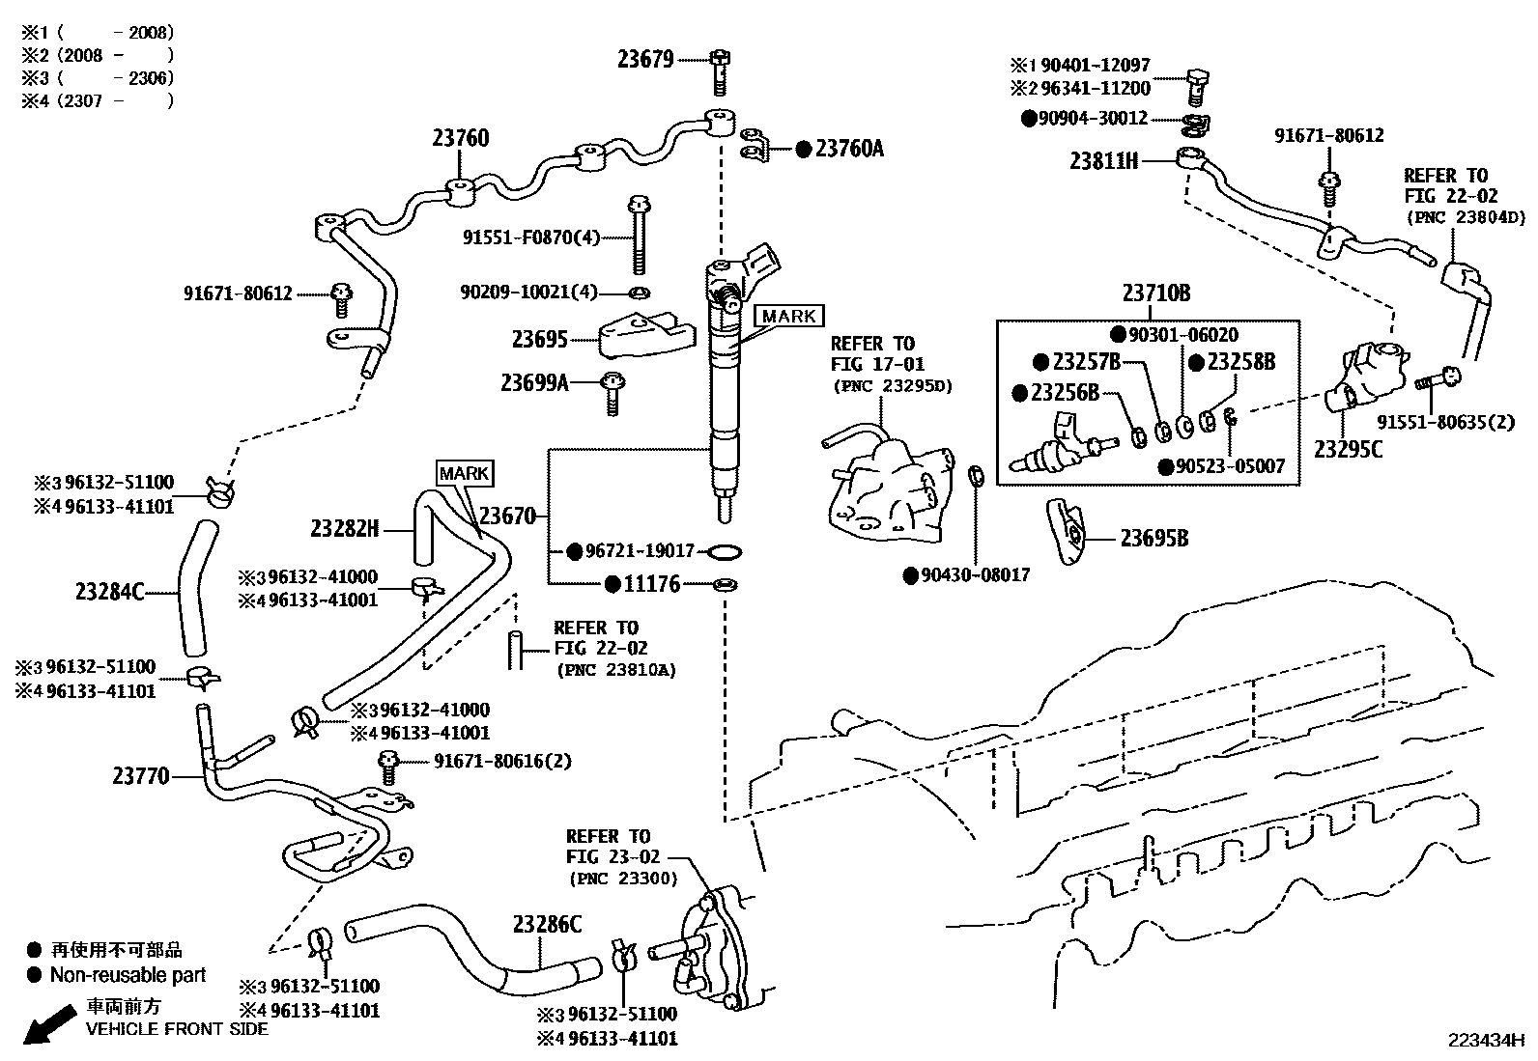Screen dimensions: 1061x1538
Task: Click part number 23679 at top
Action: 645,60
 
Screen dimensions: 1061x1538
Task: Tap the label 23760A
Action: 849,149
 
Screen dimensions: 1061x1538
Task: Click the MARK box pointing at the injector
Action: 789,317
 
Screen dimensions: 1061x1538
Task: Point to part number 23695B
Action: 1153,539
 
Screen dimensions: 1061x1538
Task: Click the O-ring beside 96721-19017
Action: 726,552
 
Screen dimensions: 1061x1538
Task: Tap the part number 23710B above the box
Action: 1156,293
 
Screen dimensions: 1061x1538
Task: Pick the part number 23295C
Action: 1349,449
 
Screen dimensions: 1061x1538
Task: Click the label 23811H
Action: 1103,161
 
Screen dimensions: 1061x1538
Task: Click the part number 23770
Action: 140,775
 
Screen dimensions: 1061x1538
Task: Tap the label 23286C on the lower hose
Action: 547,924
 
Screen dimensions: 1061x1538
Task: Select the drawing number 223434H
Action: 1485,1041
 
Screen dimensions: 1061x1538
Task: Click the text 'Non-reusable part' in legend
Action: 128,975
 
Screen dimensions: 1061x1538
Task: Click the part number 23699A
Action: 534,382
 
